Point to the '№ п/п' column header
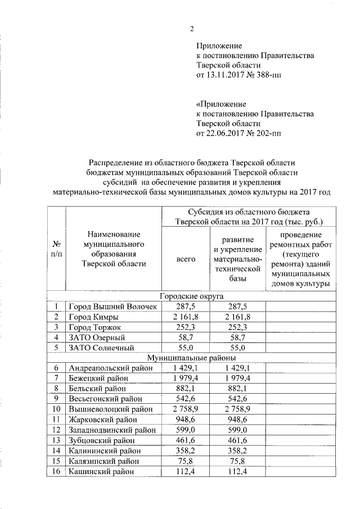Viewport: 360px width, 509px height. [56, 249]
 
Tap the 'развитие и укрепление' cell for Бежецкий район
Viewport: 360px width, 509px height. [237, 378]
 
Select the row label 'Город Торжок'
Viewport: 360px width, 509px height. [94, 327]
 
